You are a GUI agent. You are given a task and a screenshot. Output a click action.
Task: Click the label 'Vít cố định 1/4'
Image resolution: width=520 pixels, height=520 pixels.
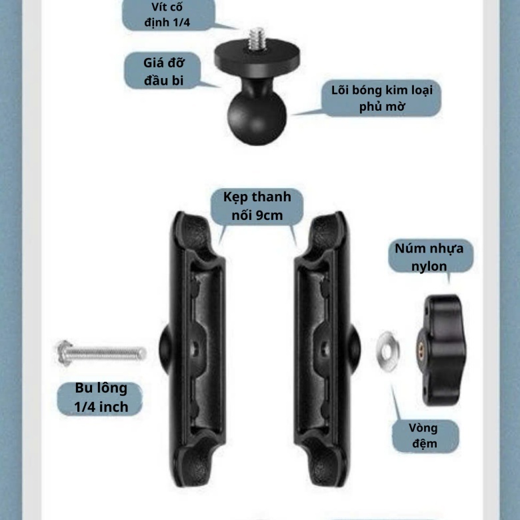pyautogui.click(x=167, y=15)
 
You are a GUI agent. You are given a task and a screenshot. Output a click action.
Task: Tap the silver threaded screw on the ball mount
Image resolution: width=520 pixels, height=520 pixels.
pyautogui.click(x=258, y=39)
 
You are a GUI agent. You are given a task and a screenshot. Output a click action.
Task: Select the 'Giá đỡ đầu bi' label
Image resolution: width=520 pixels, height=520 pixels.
pyautogui.click(x=163, y=71)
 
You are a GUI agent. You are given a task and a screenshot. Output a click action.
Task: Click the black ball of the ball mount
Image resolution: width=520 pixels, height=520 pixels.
pyautogui.click(x=257, y=118)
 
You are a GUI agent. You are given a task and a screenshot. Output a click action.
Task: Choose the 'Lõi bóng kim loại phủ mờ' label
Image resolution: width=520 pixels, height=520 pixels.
pyautogui.click(x=382, y=98)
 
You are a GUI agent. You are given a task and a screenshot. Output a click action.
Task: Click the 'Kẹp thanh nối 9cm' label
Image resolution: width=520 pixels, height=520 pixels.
pyautogui.click(x=257, y=206)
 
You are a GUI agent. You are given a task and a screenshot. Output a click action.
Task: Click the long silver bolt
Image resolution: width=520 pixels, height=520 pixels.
pyautogui.click(x=101, y=353)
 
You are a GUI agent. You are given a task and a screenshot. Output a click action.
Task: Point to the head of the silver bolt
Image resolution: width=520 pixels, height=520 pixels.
pyautogui.click(x=64, y=353)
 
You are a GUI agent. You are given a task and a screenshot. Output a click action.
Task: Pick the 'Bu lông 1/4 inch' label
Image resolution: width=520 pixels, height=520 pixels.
pyautogui.click(x=101, y=397)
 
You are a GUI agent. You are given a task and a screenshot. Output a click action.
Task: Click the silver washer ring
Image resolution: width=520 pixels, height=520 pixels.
pyautogui.click(x=388, y=351)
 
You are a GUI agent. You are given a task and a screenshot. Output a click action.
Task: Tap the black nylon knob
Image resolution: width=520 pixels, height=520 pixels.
pyautogui.click(x=441, y=350)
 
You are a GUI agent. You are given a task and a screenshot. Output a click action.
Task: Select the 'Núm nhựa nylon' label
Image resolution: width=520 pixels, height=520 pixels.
pyautogui.click(x=429, y=257)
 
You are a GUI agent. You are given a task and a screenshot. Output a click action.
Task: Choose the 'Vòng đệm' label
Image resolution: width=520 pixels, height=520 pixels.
pyautogui.click(x=424, y=436)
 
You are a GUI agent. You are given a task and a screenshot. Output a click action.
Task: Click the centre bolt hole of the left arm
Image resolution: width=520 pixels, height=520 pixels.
pyautogui.click(x=195, y=349)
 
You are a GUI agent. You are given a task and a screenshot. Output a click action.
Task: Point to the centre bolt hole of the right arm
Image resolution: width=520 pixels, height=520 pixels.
pyautogui.click(x=325, y=349)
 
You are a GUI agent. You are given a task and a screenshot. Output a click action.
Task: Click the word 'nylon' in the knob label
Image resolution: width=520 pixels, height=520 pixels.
pyautogui.click(x=429, y=266)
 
